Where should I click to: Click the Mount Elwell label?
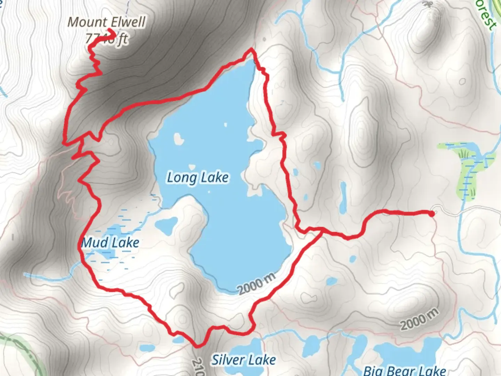tap(106, 22)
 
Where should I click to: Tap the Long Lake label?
tap(198, 178)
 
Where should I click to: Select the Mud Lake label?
tap(110, 242)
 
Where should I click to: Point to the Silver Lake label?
tap(244, 360)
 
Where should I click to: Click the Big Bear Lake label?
tap(405, 370)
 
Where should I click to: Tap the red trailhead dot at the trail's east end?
tap(432, 214)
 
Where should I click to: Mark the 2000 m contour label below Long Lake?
tap(257, 284)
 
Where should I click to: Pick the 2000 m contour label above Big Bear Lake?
tap(419, 319)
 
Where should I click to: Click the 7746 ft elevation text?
tap(106, 39)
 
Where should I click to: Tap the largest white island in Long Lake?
tap(178, 139)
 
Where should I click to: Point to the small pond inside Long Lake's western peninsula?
tap(166, 224)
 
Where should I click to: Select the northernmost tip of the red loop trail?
tap(250, 51)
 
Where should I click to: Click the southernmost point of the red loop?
tap(198, 346)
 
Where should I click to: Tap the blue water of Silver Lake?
tap(247, 346)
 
